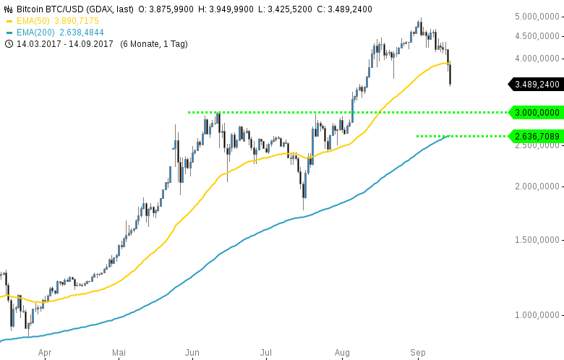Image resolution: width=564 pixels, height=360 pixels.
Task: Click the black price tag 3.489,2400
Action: [x=537, y=85]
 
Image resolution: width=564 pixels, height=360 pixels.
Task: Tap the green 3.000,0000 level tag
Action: [x=537, y=112]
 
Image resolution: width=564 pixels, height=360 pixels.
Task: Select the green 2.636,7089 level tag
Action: [x=537, y=136]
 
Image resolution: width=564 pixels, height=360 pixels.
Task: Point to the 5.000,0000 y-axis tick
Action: [x=537, y=16]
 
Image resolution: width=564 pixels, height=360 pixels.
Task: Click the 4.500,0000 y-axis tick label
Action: [x=537, y=35]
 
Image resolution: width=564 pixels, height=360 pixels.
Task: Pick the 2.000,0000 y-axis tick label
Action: [x=537, y=186]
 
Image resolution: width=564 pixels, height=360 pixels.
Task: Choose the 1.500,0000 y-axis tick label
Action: [x=537, y=239]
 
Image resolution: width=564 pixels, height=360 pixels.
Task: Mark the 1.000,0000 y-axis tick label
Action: [x=537, y=314]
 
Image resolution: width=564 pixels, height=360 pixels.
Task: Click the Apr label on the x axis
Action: [x=45, y=353]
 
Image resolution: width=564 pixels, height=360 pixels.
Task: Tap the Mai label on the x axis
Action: [x=119, y=353]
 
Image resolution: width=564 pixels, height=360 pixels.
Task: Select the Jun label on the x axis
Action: [x=192, y=353]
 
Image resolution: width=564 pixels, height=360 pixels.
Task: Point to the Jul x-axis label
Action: [x=265, y=353]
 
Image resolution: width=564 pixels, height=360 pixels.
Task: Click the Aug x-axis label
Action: [x=342, y=353]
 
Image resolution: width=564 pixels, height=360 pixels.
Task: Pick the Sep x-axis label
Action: [x=418, y=353]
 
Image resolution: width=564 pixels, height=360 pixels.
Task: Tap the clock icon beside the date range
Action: [x=9, y=44]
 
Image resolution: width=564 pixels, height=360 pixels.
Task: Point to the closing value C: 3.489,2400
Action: [x=344, y=9]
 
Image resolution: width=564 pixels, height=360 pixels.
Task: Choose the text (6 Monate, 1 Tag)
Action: [x=153, y=44]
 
